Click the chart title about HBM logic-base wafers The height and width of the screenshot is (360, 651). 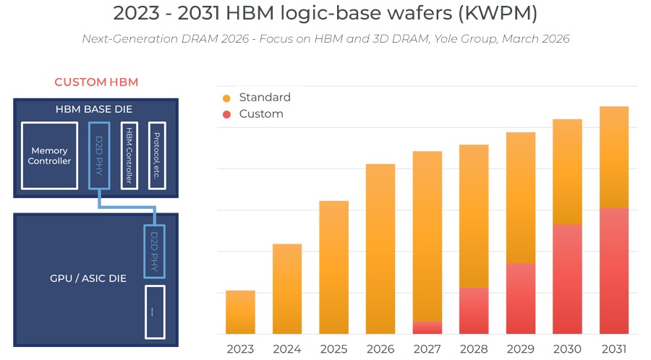325,13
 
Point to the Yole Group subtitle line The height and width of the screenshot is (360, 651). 325,39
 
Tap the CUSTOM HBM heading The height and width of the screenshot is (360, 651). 96,82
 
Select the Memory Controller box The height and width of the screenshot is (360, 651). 49,155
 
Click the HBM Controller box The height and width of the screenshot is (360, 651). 129,155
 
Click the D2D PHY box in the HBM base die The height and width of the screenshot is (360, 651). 99,155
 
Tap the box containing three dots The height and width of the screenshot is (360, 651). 155,312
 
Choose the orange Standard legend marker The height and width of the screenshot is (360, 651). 226,98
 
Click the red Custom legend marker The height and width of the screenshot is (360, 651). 226,114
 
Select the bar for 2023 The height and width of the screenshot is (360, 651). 240,312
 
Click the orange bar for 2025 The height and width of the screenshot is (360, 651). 333,267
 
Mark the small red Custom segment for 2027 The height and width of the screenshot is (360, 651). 427,327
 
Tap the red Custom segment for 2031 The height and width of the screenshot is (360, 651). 613,271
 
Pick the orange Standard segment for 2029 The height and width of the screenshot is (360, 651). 520,197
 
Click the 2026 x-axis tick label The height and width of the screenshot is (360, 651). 380,349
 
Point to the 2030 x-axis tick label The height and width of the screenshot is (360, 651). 567,349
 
